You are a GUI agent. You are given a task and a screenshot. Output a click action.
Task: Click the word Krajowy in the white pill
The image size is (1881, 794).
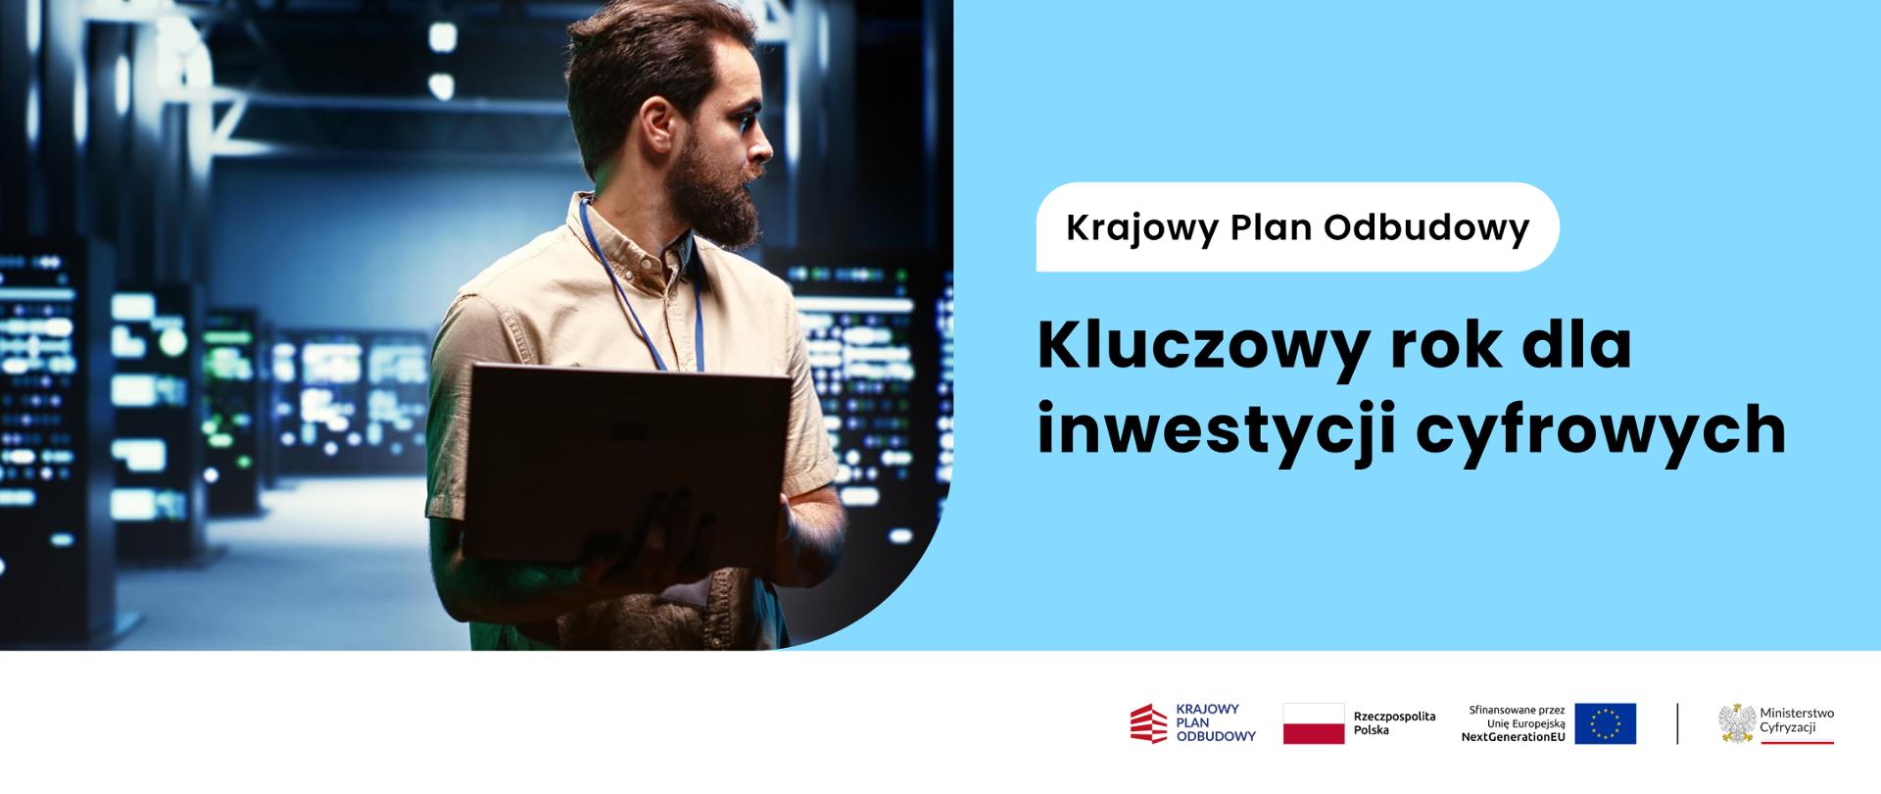tap(1139, 228)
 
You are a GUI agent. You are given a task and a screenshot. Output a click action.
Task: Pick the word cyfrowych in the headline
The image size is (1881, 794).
tap(1601, 431)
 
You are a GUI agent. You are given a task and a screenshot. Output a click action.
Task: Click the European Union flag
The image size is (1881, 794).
tap(1605, 723)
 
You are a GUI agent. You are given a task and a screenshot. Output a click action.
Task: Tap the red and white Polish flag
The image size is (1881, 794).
tap(1314, 723)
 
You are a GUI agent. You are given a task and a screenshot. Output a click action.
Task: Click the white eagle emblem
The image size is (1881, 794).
tap(1737, 722)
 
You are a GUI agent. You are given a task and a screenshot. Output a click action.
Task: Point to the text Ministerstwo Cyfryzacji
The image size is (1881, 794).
tap(1797, 720)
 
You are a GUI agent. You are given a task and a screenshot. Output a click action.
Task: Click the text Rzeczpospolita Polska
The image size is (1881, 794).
tap(1394, 723)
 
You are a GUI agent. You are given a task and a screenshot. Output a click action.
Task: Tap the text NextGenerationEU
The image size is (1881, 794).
tap(1513, 737)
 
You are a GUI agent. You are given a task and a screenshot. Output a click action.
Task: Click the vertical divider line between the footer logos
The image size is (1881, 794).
tap(1677, 723)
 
